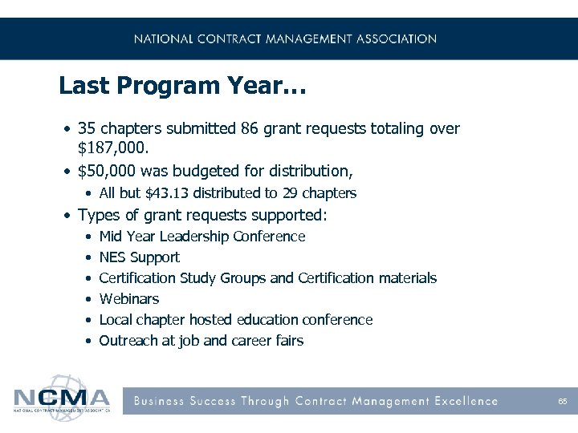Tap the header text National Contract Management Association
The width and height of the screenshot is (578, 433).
(x=285, y=38)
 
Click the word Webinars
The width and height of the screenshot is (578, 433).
(x=128, y=299)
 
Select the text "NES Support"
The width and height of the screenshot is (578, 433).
(x=139, y=257)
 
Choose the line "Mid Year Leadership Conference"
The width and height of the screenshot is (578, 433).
(x=201, y=237)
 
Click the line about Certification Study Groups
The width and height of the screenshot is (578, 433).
(x=267, y=278)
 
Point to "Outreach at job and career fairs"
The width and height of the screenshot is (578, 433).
(x=201, y=341)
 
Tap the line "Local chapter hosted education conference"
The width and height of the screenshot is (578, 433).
(x=235, y=320)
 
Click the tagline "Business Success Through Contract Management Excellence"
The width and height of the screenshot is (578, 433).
(x=315, y=401)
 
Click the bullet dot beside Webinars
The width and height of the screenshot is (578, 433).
(x=86, y=299)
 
